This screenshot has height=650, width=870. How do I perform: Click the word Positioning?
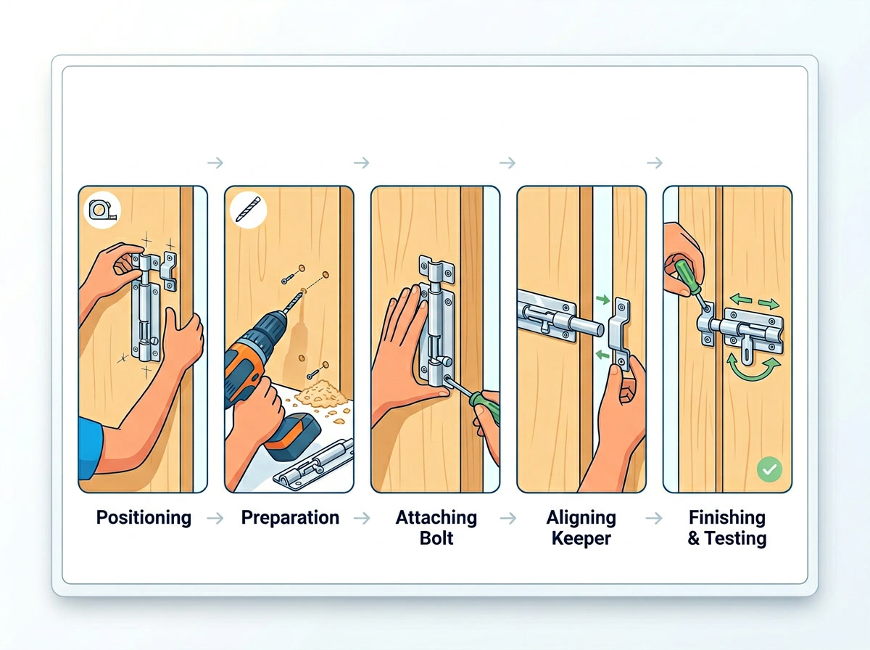click(x=144, y=517)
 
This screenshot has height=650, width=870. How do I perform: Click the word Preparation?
click(x=290, y=517)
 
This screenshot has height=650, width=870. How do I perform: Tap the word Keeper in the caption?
click(x=581, y=538)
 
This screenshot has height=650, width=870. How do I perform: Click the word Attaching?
click(x=436, y=517)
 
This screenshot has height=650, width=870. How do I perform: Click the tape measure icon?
click(x=99, y=210)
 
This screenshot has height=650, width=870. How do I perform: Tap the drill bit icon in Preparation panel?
click(x=244, y=210)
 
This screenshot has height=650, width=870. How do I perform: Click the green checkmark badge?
click(x=768, y=470)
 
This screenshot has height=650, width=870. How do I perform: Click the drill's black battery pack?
click(x=294, y=435)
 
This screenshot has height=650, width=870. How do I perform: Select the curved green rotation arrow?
click(x=758, y=366)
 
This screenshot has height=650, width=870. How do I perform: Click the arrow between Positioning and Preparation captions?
click(x=215, y=518)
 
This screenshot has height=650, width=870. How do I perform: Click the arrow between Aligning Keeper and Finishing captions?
click(x=654, y=518)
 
